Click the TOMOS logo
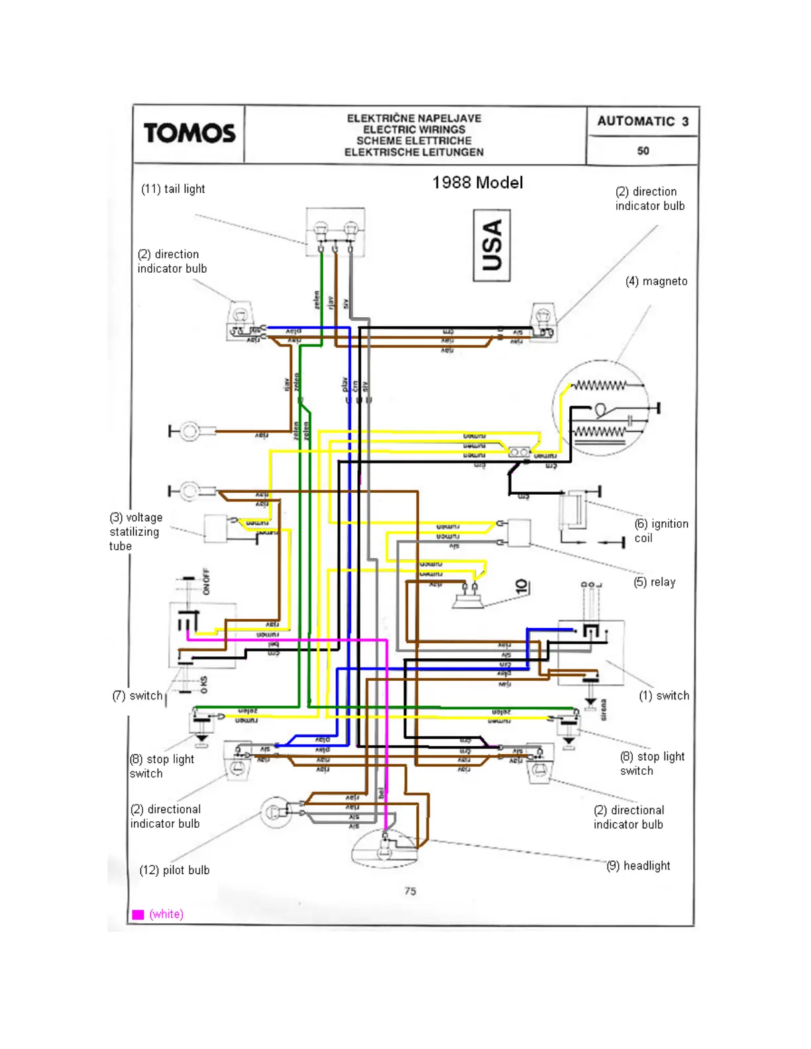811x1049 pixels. click(x=189, y=133)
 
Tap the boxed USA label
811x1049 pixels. click(x=492, y=246)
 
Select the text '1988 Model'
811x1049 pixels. click(x=478, y=183)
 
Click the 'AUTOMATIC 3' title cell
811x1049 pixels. click(x=643, y=121)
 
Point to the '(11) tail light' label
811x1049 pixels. click(x=173, y=189)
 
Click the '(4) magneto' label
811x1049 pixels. click(x=656, y=281)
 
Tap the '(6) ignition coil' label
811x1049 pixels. click(x=661, y=530)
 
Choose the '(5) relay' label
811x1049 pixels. click(x=654, y=582)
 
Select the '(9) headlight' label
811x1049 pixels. click(x=638, y=866)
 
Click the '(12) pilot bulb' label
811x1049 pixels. click(x=174, y=870)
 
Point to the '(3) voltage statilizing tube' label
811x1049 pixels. click(x=135, y=531)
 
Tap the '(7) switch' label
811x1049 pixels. click(x=137, y=695)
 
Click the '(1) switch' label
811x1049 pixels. click(x=663, y=695)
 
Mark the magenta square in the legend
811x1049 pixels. click(x=138, y=915)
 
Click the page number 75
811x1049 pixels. click(x=410, y=891)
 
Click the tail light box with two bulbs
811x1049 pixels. click(x=335, y=232)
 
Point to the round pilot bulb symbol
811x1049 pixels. click(x=275, y=812)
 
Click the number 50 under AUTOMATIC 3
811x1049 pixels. click(x=643, y=151)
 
